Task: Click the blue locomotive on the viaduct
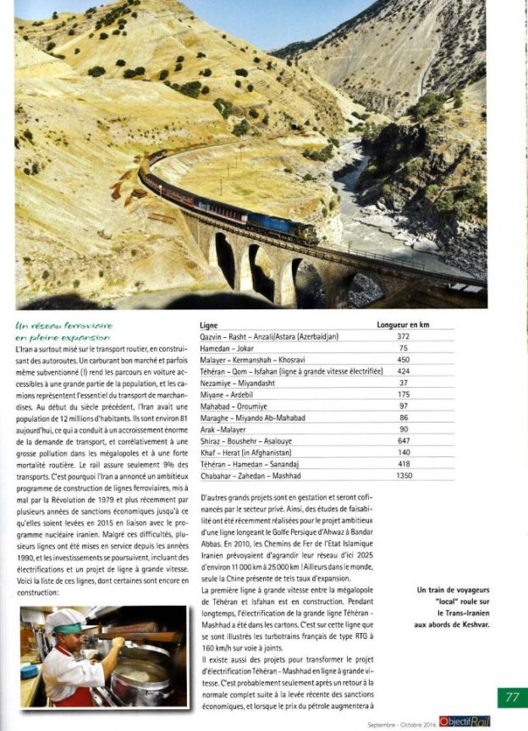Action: pyautogui.click(x=292, y=228)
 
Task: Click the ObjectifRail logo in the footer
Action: pyautogui.click(x=465, y=723)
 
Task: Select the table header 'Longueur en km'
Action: pyautogui.click(x=403, y=325)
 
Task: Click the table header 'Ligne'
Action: pyautogui.click(x=208, y=325)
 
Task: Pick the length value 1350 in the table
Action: pyautogui.click(x=403, y=477)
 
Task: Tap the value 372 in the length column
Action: pyautogui.click(x=403, y=336)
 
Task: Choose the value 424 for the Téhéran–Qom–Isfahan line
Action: pyautogui.click(x=403, y=371)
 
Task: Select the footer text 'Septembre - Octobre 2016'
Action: pyautogui.click(x=402, y=724)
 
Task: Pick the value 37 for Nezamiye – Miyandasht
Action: pyautogui.click(x=403, y=383)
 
